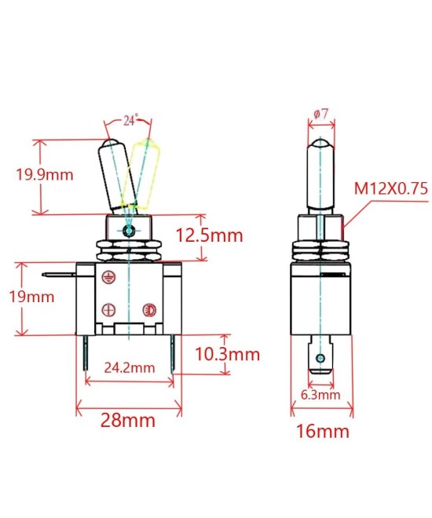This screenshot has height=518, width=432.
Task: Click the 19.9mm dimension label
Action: [x=45, y=174]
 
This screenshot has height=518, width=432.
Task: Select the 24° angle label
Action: [x=131, y=120]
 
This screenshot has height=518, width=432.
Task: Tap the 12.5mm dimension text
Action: [x=209, y=235]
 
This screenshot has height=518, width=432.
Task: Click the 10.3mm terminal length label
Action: [x=227, y=354]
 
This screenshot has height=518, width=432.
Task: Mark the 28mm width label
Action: [x=128, y=420]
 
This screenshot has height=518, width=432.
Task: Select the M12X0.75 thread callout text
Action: [x=390, y=188]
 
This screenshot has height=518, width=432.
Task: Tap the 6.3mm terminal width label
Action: [x=320, y=395]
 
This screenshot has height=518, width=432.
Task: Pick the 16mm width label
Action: [x=320, y=431]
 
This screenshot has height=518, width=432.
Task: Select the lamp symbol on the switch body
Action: [x=146, y=310]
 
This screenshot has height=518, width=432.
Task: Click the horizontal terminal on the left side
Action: [x=60, y=275]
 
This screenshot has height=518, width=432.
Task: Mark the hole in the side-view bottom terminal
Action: [x=319, y=359]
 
